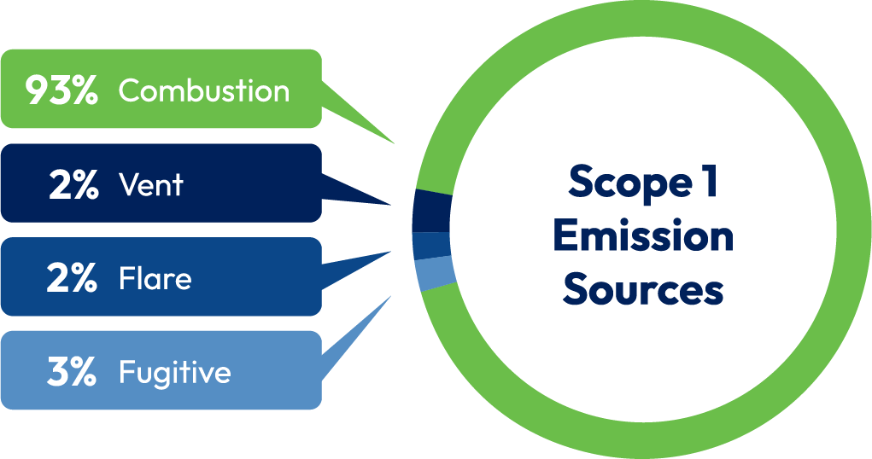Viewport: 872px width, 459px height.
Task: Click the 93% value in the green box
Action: coord(61,90)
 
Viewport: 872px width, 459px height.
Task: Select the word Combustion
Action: coord(204,90)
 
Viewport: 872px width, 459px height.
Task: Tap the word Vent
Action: coord(151,185)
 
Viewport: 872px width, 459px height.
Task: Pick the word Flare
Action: coord(155,279)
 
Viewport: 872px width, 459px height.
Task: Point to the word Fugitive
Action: coord(174,373)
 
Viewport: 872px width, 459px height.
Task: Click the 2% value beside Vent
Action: coord(73,185)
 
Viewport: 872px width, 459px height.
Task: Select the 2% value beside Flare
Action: coord(72,279)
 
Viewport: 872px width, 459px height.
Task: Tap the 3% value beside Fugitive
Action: coord(72,373)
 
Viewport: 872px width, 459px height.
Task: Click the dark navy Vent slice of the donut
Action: coord(430,212)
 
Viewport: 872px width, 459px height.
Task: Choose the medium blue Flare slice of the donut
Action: coord(431,245)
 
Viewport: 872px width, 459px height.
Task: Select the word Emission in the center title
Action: coord(642,236)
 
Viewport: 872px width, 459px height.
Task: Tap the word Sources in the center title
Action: coord(642,290)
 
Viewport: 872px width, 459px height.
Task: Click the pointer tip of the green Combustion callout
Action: coord(393,142)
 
